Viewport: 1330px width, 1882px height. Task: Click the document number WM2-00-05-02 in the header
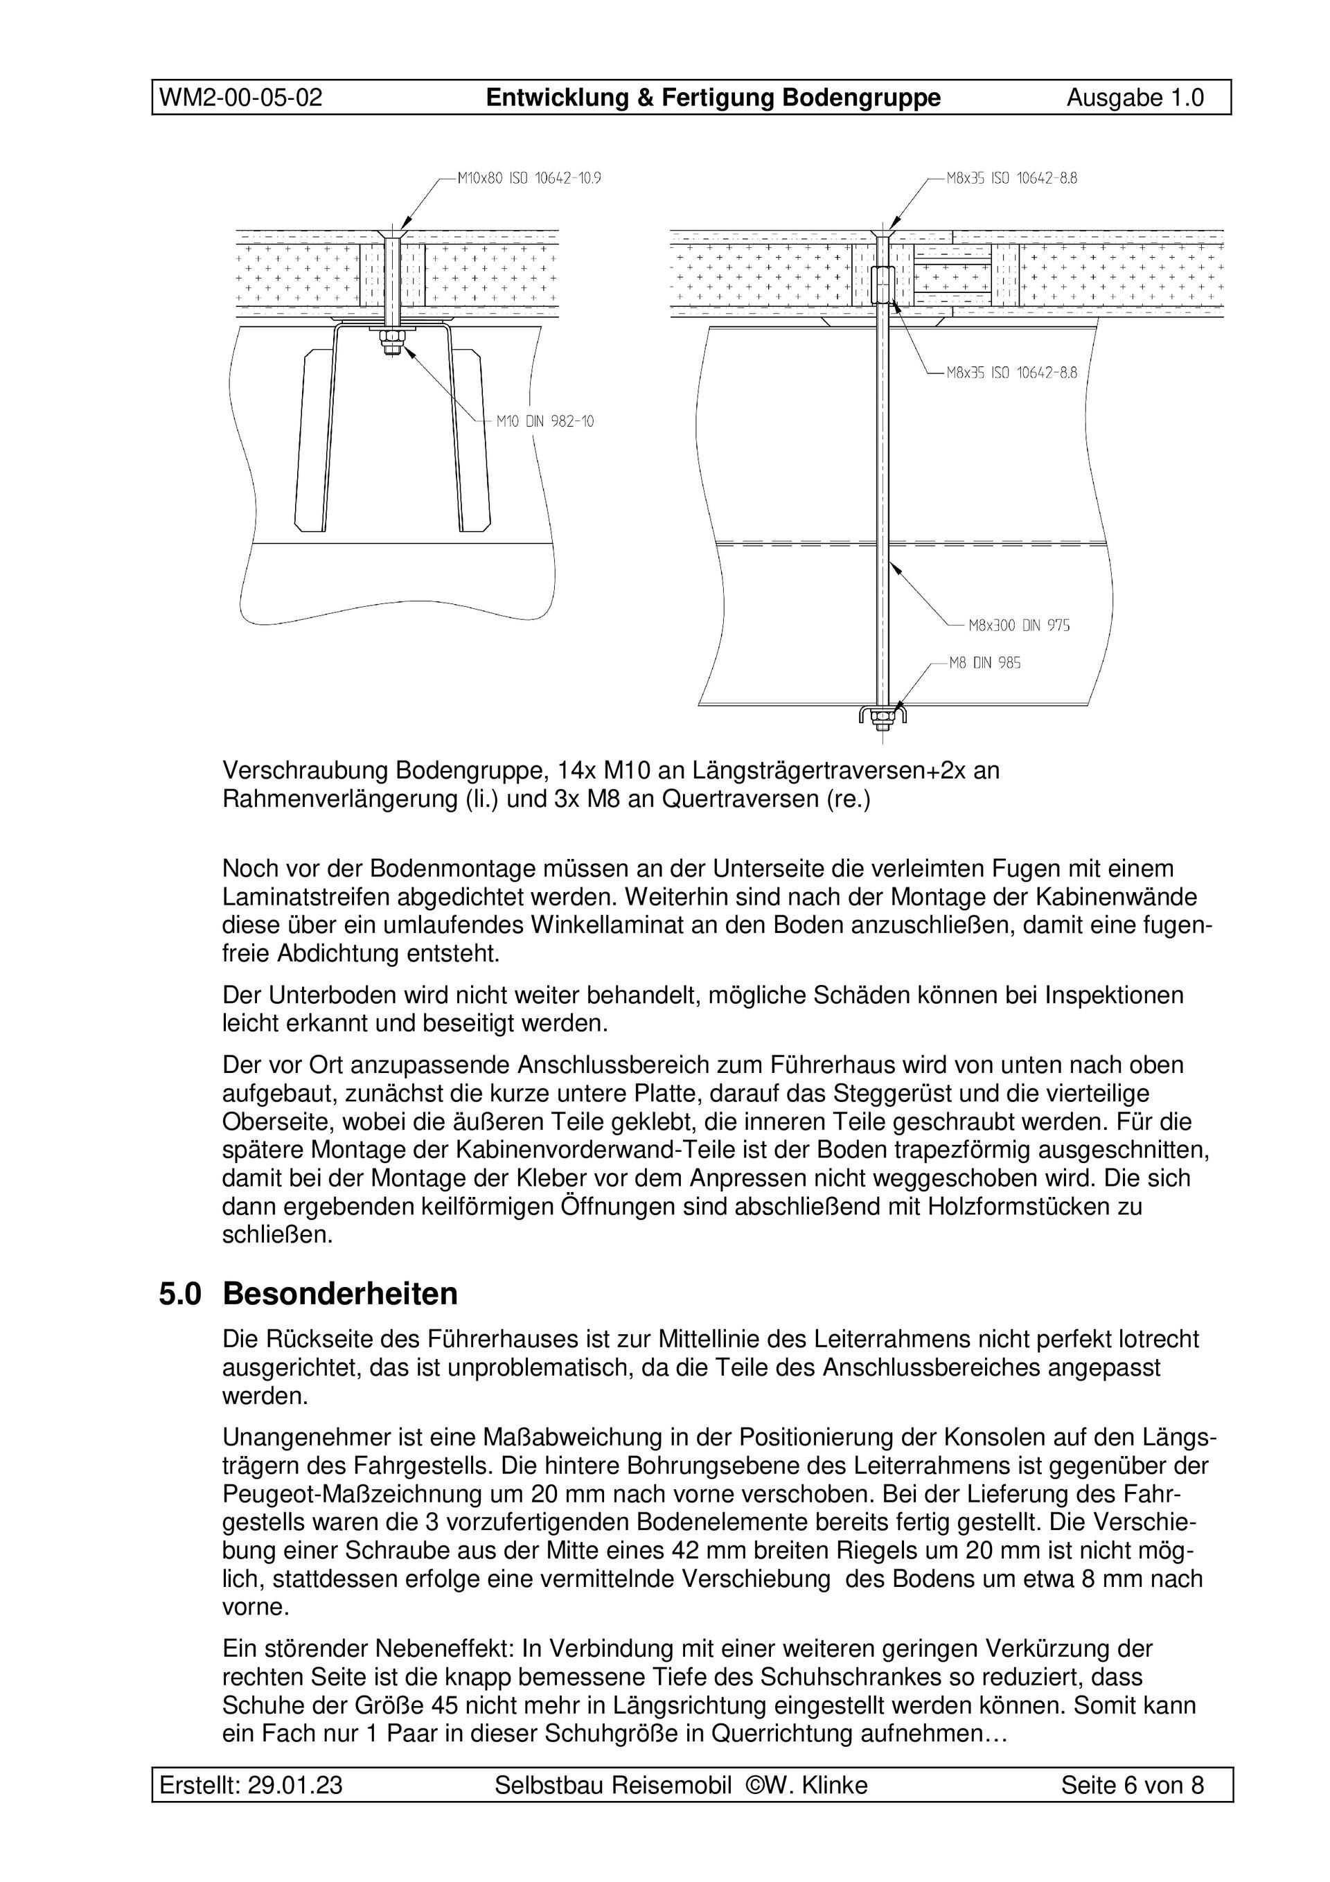(240, 98)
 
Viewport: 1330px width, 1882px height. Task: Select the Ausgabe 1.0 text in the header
(1135, 98)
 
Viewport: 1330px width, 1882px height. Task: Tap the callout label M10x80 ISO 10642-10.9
(529, 177)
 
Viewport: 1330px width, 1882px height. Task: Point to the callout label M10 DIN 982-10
(544, 421)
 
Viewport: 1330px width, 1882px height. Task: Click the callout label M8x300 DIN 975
(1018, 625)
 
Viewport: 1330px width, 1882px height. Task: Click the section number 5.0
(179, 1295)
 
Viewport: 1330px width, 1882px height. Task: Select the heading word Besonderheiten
(340, 1295)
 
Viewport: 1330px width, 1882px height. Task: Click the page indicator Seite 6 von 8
(1133, 1784)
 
